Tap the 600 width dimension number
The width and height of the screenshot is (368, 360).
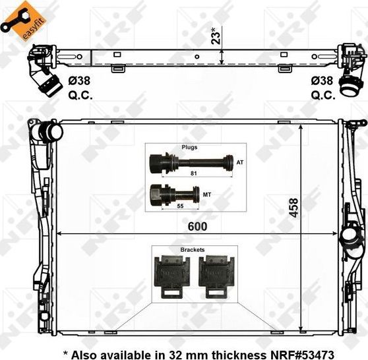click(197, 225)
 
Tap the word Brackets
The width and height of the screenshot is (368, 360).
click(192, 251)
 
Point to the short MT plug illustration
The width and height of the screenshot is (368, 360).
click(175, 194)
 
